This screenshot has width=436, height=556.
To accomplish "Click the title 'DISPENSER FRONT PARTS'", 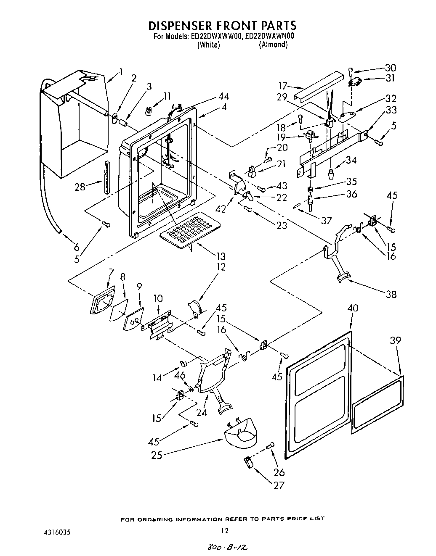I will pyautogui.click(x=222, y=26).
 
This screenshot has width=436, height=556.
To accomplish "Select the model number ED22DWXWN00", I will pyautogui.click(x=269, y=37).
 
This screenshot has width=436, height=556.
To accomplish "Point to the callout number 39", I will pyautogui.click(x=395, y=341).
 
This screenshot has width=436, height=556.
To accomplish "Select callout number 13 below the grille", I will pyautogui.click(x=220, y=256).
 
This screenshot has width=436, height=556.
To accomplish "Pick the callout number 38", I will pyautogui.click(x=391, y=294).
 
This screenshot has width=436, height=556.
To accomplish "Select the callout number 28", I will pyautogui.click(x=80, y=187).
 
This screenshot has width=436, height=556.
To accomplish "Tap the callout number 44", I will pyautogui.click(x=224, y=96).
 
